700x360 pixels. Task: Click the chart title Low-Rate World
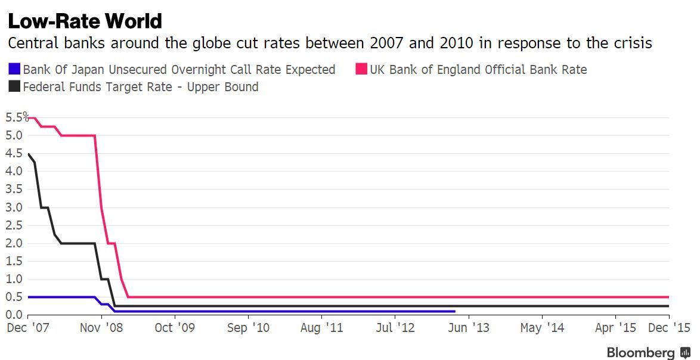84,21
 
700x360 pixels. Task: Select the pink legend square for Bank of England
361,70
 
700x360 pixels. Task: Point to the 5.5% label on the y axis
16,117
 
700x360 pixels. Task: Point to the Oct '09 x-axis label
174,327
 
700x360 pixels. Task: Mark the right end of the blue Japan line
455,311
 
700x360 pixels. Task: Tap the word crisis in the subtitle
631,44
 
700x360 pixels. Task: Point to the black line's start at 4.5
29,154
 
